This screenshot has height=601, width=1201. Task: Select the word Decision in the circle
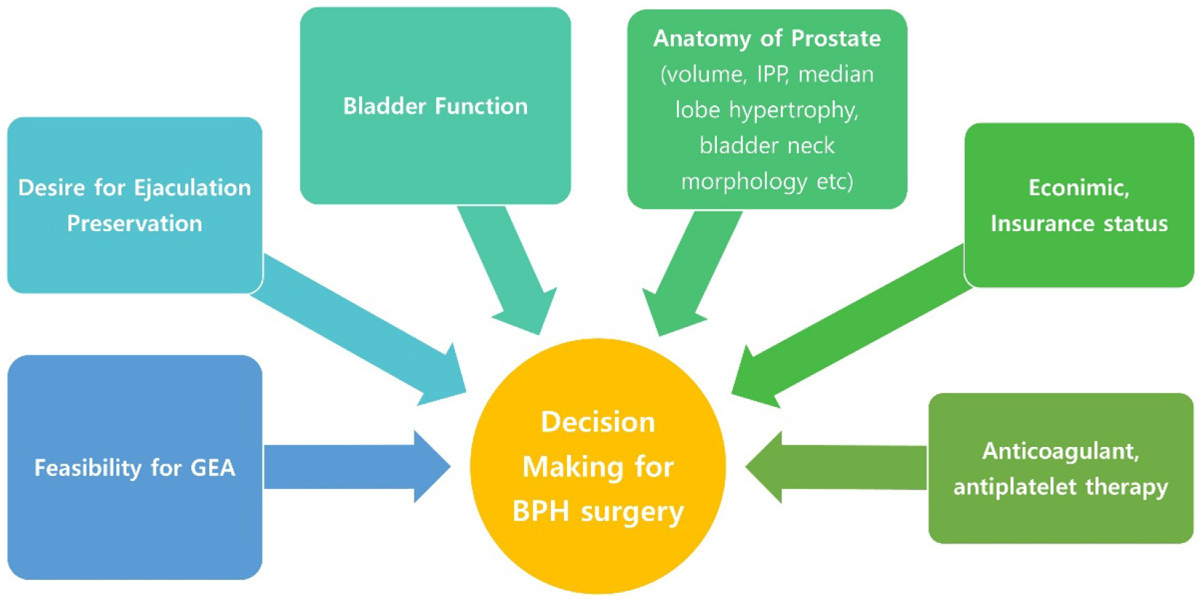598,422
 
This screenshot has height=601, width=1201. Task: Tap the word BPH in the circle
541,512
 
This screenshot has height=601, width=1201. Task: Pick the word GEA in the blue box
213,467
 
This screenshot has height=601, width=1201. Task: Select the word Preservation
134,223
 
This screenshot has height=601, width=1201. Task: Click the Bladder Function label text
435,106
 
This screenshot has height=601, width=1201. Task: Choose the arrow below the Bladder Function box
509,269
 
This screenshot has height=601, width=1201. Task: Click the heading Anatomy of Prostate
767,38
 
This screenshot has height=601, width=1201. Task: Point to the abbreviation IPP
772,74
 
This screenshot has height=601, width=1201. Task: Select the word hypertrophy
793,110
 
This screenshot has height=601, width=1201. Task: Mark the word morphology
744,181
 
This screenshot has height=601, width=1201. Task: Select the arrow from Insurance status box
851,327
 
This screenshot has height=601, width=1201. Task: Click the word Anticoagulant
1060,451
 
